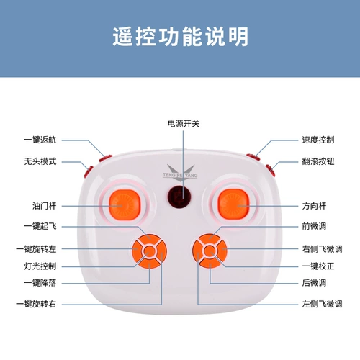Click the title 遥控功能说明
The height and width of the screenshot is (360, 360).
[180, 37]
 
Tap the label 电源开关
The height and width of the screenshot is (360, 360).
[184, 124]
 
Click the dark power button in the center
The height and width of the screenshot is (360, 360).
[179, 197]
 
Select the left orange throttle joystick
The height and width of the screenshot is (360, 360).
[125, 204]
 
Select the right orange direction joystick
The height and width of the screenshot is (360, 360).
[233, 204]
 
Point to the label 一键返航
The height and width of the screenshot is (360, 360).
[40, 140]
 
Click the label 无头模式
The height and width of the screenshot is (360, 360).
[40, 161]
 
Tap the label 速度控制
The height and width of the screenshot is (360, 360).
[318, 140]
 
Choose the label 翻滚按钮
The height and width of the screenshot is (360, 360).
[318, 161]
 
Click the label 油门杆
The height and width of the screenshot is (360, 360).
[45, 206]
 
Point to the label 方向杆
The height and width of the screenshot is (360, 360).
[314, 206]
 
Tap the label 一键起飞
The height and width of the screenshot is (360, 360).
[40, 226]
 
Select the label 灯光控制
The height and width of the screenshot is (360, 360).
[40, 266]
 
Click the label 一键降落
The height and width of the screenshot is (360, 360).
[40, 283]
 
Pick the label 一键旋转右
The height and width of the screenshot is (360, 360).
[36, 304]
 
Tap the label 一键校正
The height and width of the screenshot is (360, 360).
[318, 266]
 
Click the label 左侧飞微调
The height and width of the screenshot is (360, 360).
[322, 304]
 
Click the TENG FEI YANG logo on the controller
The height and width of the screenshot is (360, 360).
[181, 171]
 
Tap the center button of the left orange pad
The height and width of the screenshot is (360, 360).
[149, 251]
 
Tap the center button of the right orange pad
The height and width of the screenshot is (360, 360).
[210, 251]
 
